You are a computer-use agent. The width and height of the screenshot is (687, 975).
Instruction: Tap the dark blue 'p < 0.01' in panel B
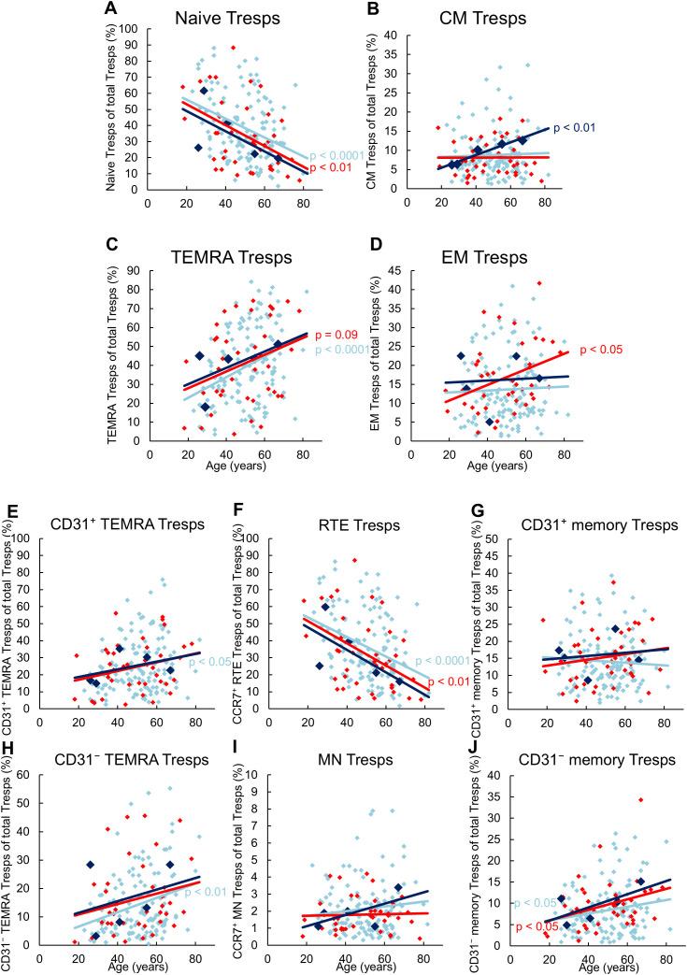[x=575, y=128]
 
